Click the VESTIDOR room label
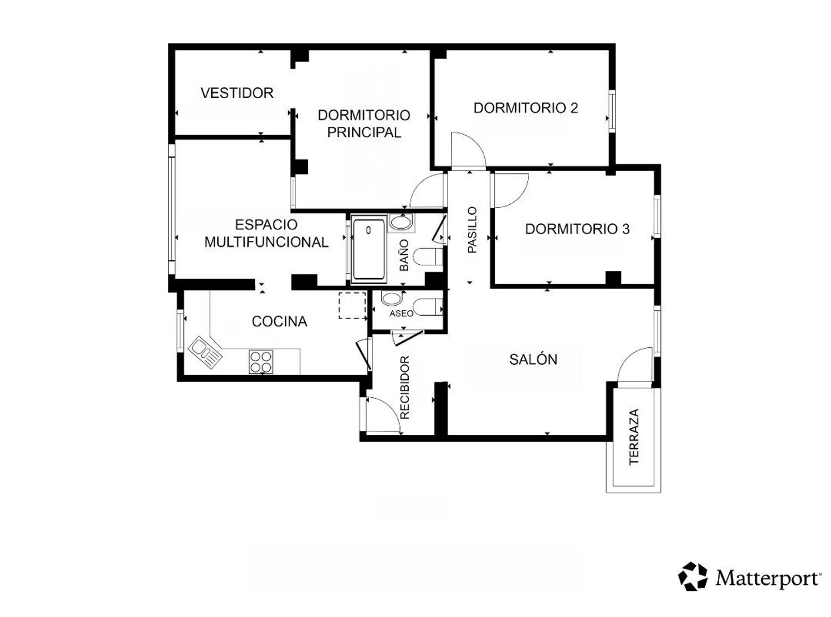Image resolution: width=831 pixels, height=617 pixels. (237, 93)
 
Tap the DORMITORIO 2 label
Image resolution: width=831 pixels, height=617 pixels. (526, 108)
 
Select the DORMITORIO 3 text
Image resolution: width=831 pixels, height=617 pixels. (577, 229)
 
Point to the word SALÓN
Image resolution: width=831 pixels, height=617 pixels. (533, 359)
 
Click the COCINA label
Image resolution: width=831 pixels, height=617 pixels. (280, 321)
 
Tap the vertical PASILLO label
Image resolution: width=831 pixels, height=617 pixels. (473, 230)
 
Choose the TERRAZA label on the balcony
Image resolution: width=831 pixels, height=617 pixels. (634, 437)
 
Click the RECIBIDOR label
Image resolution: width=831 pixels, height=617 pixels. (405, 387)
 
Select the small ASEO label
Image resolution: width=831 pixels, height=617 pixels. (401, 313)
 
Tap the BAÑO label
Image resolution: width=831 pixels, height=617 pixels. (404, 255)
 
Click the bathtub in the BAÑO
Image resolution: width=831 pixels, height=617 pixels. (369, 249)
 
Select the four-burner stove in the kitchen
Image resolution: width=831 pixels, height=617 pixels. (261, 362)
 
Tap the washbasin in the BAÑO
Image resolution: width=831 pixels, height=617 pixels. (401, 223)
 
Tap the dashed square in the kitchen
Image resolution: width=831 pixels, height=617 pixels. (352, 306)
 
